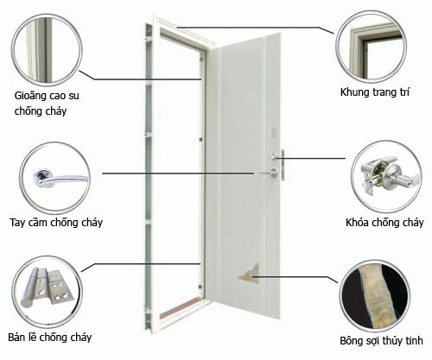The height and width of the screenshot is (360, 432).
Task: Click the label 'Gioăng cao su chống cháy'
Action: (47, 104)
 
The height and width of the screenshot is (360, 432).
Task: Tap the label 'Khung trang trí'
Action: (374, 92)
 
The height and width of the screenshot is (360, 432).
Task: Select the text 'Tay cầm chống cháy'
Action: (56, 223)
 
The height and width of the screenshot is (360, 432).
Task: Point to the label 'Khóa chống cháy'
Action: (384, 223)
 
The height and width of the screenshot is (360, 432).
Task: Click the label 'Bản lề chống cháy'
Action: (50, 338)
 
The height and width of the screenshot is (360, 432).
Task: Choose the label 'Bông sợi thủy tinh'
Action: (381, 341)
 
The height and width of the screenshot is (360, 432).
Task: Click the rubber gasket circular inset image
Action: (47, 50)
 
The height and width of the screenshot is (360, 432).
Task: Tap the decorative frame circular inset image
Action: (372, 47)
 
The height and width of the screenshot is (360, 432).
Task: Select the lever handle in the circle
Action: (60, 179)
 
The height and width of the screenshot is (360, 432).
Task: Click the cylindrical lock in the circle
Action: (387, 174)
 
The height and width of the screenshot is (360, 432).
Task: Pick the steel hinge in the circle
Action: (47, 287)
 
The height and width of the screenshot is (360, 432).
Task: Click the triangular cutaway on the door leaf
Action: (250, 273)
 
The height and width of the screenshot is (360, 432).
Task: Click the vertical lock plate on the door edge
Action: (283, 165)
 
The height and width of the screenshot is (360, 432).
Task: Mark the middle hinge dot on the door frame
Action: (200, 140)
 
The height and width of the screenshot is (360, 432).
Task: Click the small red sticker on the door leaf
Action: (273, 132)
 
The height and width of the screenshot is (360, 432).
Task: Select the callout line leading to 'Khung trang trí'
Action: (256, 28)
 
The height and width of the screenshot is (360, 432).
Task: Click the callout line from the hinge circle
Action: (141, 264)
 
